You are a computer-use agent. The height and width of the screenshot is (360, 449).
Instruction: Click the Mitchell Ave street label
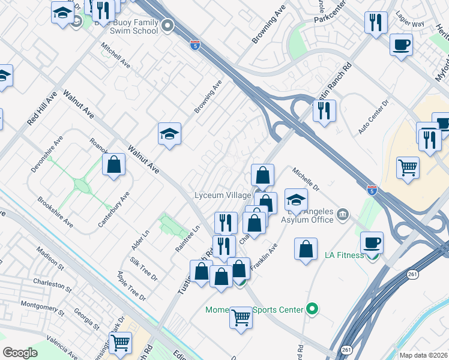115,55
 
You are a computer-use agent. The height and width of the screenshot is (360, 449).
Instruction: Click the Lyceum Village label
218,196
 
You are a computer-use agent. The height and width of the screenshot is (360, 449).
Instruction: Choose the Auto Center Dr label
373,121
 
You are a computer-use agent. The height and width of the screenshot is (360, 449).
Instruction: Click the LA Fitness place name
344,255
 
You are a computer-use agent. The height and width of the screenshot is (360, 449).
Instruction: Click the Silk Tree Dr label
143,269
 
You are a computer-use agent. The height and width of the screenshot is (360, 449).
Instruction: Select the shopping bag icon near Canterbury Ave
113,164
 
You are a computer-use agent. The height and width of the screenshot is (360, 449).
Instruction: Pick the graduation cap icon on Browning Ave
170,134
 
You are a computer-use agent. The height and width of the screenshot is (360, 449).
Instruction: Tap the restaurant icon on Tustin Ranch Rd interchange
324,110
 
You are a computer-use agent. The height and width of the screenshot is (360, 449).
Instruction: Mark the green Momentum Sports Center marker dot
312,310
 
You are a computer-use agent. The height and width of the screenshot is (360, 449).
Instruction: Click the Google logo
20,353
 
